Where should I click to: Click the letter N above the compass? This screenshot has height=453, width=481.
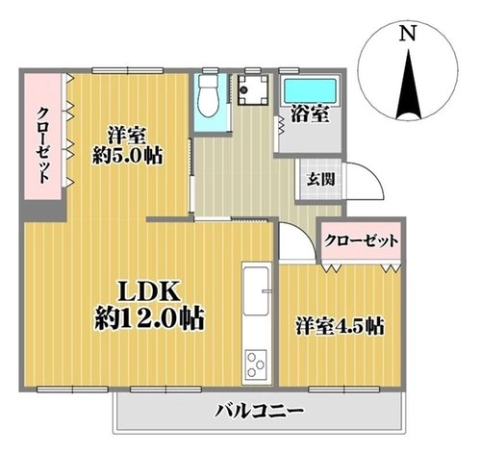pyautogui.click(x=407, y=33)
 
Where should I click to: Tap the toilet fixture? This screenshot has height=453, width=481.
pyautogui.click(x=208, y=95)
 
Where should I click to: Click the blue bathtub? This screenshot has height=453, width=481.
pyautogui.click(x=310, y=90)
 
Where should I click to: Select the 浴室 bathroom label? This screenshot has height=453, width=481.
pyautogui.click(x=310, y=113)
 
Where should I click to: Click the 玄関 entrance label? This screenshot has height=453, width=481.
pyautogui.click(x=320, y=179)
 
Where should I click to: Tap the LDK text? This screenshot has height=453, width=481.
pyautogui.click(x=148, y=290)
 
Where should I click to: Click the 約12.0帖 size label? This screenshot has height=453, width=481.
pyautogui.click(x=149, y=318)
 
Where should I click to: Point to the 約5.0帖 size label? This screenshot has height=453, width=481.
pyautogui.click(x=127, y=156)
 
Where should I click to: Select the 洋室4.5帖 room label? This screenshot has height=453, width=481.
pyautogui.click(x=340, y=326)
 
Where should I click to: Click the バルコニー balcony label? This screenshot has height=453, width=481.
pyautogui.click(x=259, y=411)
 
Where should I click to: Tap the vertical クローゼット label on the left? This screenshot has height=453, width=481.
pyautogui.click(x=44, y=145)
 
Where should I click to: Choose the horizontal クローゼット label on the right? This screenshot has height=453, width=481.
pyautogui.click(x=361, y=240)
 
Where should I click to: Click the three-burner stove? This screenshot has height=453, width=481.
pyautogui.click(x=256, y=364)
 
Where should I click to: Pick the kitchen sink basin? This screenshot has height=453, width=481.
pyautogui.click(x=256, y=291)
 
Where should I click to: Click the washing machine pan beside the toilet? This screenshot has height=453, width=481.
pyautogui.click(x=253, y=89)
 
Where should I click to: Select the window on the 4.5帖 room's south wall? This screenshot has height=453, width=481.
pyautogui.click(x=344, y=390)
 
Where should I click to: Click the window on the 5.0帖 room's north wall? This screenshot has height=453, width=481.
pyautogui.click(x=128, y=70)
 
